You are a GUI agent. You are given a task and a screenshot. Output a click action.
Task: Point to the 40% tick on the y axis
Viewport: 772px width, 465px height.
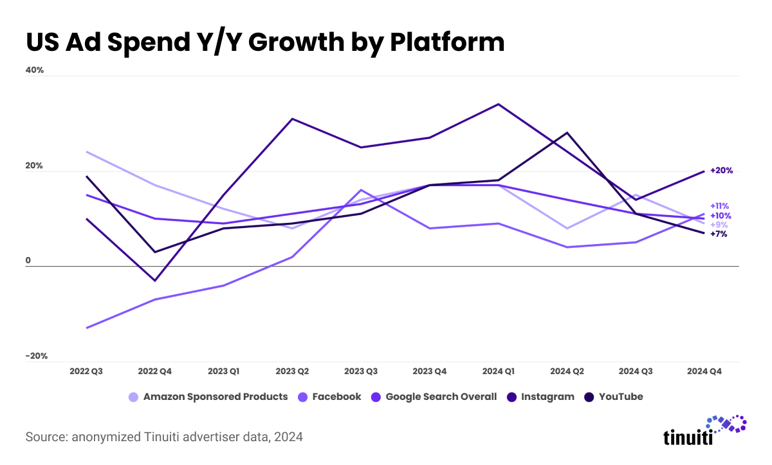click(35, 70)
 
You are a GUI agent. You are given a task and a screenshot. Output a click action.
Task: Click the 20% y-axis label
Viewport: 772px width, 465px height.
click(35, 166)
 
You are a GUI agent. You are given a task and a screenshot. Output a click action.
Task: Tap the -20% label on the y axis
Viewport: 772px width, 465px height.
click(36, 356)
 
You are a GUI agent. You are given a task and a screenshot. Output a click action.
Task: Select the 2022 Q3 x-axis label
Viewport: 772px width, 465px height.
click(86, 372)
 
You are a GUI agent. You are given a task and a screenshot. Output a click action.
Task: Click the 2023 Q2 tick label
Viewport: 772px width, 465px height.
click(293, 372)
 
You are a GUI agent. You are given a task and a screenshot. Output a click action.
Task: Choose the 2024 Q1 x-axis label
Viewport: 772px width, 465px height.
click(499, 372)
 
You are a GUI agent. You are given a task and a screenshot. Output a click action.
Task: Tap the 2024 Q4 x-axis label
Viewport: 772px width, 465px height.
click(705, 372)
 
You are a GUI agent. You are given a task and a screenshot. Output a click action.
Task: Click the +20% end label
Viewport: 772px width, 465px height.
click(721, 171)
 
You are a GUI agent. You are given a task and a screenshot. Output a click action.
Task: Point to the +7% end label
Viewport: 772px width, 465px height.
click(719, 234)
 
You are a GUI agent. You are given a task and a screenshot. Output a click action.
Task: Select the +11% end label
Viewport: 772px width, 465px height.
click(719, 206)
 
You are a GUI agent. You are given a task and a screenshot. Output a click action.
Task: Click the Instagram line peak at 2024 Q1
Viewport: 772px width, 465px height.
click(499, 104)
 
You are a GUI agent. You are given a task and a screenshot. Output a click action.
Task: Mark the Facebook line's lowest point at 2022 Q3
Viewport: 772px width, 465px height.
click(86, 328)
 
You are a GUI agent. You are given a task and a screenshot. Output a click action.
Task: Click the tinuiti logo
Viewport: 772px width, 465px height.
click(704, 431)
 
